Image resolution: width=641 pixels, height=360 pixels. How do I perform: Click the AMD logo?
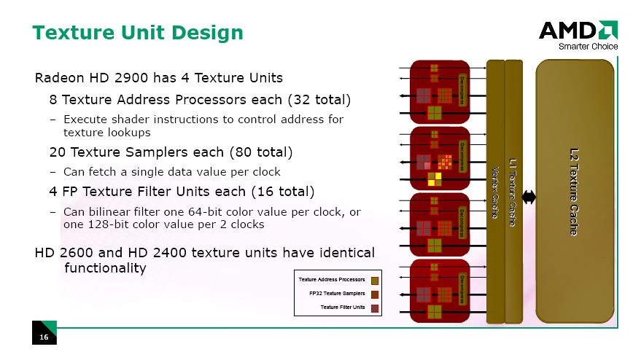coord(578,30)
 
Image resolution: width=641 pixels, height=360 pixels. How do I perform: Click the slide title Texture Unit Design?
coord(138,33)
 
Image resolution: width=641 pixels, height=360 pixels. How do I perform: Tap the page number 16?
coord(44,337)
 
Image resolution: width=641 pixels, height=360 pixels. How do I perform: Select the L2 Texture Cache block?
coord(575,191)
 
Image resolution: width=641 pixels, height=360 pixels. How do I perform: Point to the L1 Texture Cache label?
coord(513,192)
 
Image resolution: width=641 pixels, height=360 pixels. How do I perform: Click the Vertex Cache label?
coord(494,192)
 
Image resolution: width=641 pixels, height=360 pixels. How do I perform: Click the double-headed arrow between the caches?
coord(529,197)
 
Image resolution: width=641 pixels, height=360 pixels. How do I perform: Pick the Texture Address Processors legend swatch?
coord(374,281)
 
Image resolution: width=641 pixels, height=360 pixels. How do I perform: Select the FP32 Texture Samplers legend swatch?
coord(374,294)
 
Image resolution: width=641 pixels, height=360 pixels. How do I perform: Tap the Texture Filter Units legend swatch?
coord(374,308)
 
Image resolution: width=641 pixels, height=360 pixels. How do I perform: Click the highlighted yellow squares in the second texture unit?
coord(435,179)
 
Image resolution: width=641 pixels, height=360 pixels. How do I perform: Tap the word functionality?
coord(106,268)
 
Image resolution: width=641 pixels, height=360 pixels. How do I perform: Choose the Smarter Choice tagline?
coord(588,47)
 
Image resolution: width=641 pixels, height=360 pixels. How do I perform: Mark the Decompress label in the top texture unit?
coord(462,90)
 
